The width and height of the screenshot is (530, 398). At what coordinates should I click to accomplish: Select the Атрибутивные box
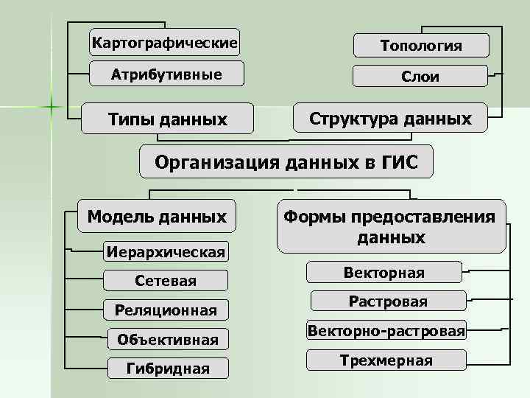coord(166,74)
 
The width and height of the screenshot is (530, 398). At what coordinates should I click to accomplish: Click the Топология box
coord(421,46)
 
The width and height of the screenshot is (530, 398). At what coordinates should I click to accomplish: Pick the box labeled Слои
coord(421,77)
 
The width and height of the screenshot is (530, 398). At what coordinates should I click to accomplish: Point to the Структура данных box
coord(390,118)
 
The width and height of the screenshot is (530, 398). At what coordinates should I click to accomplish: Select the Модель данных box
coord(157,217)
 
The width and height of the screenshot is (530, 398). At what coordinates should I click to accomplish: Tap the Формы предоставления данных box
coord(391,226)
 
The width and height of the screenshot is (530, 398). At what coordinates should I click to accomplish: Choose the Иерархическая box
coord(166,251)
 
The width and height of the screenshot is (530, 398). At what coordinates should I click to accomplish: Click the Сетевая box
coord(166,281)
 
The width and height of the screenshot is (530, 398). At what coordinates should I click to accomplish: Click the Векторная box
coord(384,273)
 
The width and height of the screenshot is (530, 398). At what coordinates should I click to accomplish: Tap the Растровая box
coord(388,301)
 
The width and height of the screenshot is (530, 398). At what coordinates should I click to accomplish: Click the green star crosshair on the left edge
coord(52,108)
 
